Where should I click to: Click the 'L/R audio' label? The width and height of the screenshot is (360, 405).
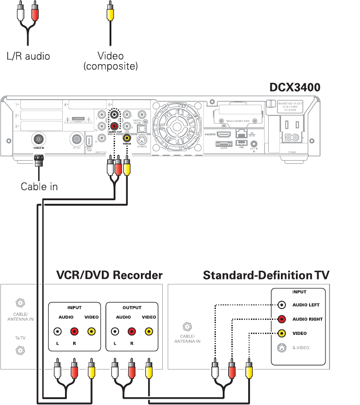[28, 56]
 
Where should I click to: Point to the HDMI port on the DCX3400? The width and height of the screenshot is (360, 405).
[224, 135]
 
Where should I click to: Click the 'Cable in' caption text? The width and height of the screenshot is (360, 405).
[39, 186]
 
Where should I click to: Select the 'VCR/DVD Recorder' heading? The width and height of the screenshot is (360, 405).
[109, 275]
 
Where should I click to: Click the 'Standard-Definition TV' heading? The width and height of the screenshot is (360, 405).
[266, 275]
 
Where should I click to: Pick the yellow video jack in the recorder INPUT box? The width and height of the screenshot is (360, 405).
[91, 332]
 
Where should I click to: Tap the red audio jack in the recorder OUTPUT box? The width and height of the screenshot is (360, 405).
[131, 332]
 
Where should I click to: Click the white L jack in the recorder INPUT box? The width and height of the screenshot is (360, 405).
[57, 332]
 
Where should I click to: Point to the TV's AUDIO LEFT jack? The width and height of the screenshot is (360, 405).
[282, 305]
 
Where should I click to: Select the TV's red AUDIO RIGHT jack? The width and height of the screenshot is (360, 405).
[282, 319]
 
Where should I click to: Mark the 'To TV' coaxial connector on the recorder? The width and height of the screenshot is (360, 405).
[20, 350]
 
